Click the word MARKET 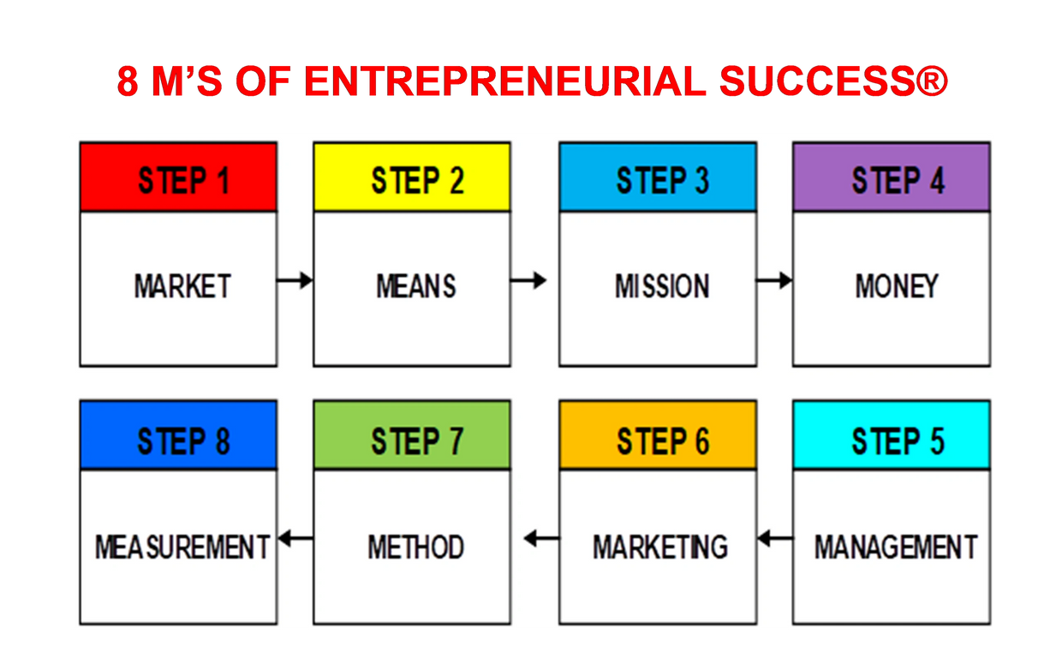click(182, 286)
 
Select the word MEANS click(416, 286)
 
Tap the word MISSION click(662, 286)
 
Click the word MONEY click(897, 286)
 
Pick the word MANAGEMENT click(896, 547)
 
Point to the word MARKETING click(660, 547)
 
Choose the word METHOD click(416, 547)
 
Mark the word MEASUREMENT click(182, 547)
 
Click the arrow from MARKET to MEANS click(295, 280)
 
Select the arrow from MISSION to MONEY click(774, 280)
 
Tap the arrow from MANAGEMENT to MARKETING click(775, 539)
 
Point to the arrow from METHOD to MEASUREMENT click(295, 539)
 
